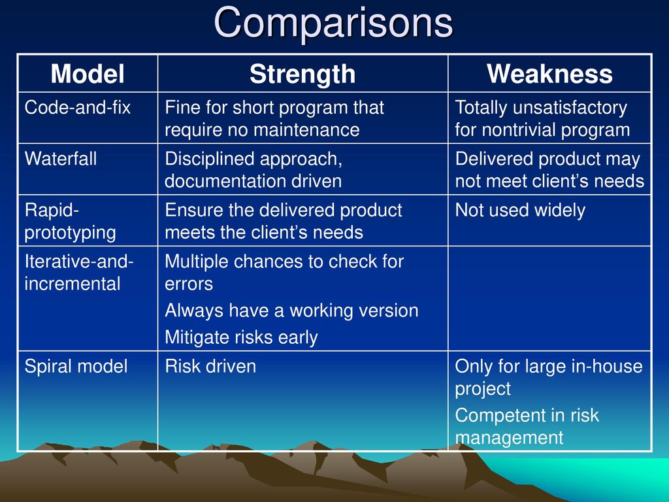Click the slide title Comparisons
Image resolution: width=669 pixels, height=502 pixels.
click(x=333, y=22)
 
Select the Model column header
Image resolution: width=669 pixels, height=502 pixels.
click(x=88, y=74)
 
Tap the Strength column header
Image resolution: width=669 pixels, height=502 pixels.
click(x=302, y=75)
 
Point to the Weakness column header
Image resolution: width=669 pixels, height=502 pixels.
click(x=549, y=74)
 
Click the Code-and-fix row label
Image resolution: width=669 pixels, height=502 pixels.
click(x=78, y=107)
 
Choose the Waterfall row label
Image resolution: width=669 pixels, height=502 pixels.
click(x=61, y=158)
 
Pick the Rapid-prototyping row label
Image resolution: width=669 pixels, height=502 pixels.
click(x=71, y=221)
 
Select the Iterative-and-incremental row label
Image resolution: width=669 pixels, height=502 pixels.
click(x=79, y=273)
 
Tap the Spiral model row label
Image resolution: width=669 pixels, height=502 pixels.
click(x=76, y=366)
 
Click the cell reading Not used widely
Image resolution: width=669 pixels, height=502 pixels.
click(x=520, y=210)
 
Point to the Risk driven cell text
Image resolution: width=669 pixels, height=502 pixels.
click(x=210, y=366)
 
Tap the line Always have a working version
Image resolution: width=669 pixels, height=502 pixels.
click(x=291, y=310)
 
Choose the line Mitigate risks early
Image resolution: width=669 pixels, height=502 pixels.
click(x=241, y=337)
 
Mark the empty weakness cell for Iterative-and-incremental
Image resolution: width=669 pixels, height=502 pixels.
click(x=549, y=298)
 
